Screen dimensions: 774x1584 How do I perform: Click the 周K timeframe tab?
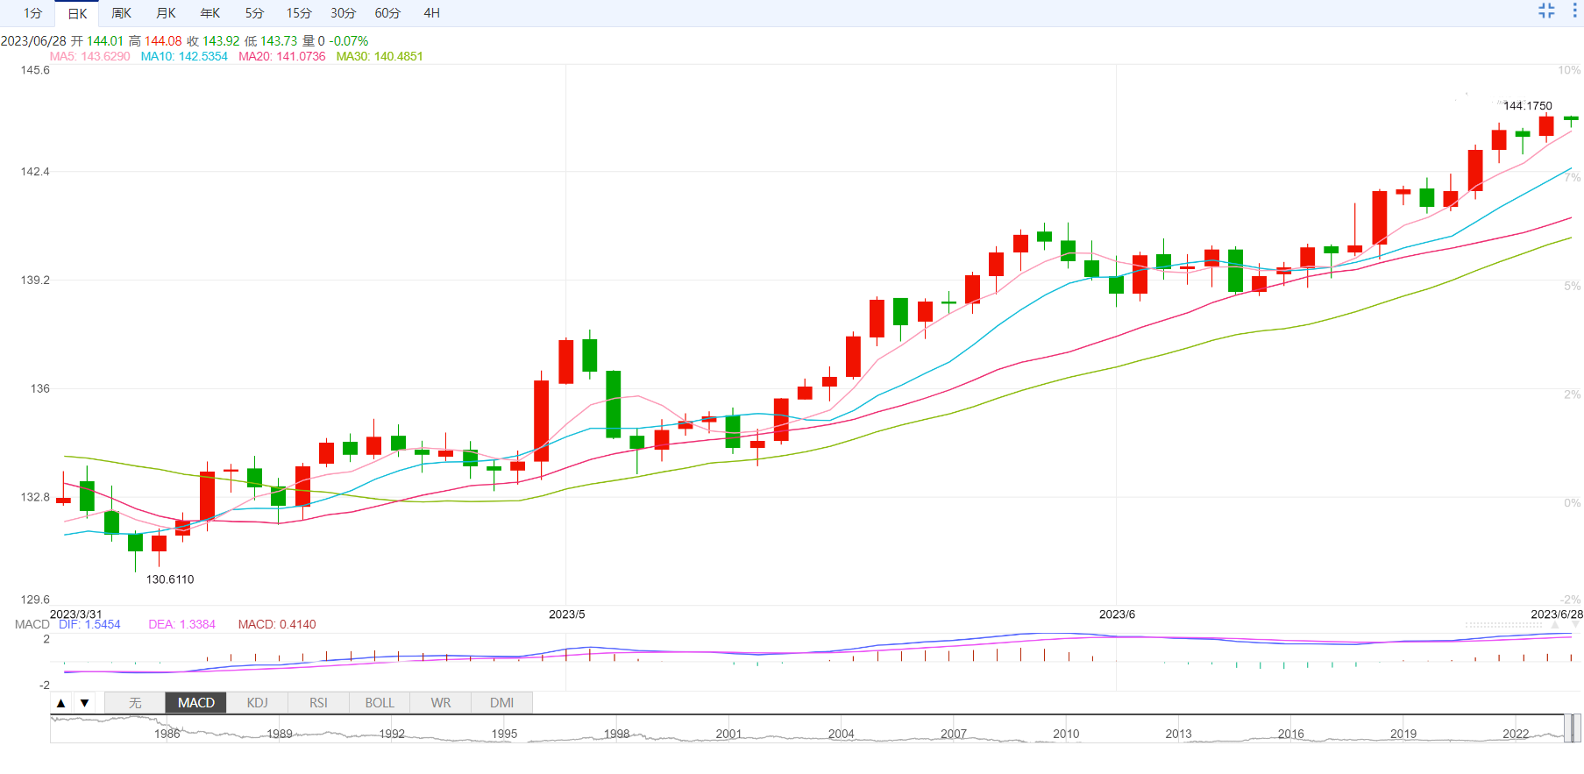click(x=122, y=13)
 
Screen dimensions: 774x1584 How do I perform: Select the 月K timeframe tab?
click(x=166, y=13)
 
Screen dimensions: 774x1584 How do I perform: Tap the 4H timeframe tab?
click(x=431, y=13)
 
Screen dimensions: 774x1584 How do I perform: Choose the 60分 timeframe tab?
click(x=387, y=13)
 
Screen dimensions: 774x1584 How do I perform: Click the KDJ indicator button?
click(x=257, y=703)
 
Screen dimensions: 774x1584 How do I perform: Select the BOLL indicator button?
click(x=380, y=703)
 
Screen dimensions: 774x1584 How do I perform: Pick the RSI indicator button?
click(x=318, y=703)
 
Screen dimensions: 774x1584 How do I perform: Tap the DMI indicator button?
click(x=501, y=703)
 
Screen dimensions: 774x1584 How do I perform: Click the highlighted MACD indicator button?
click(x=195, y=703)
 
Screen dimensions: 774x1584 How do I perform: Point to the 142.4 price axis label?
click(x=35, y=172)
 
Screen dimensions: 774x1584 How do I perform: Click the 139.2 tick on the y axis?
click(x=35, y=280)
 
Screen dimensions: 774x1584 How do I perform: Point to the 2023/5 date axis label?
click(x=566, y=614)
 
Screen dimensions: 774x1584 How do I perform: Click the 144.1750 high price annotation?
click(x=1527, y=106)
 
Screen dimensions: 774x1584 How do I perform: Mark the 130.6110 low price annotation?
click(x=170, y=579)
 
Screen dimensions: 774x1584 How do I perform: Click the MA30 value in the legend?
click(x=380, y=56)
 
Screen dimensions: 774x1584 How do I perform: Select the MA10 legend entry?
click(x=184, y=56)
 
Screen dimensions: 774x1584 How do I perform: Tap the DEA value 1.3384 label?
click(x=181, y=624)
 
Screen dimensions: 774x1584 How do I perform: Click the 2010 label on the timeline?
click(x=1066, y=734)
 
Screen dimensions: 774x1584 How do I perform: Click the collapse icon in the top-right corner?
click(x=1546, y=11)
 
